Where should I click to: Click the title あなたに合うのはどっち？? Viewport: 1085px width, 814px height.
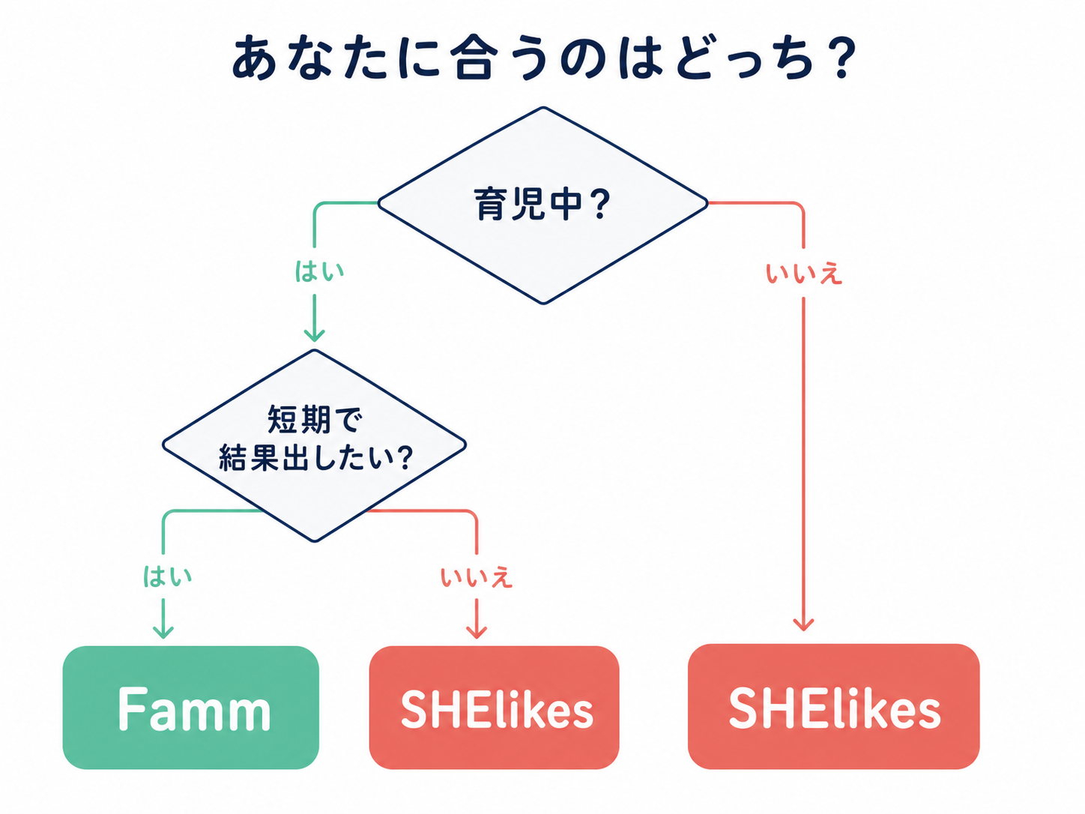542,58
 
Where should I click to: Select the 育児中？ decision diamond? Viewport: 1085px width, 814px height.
542,205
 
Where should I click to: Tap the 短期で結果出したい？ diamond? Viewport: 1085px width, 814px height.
315,445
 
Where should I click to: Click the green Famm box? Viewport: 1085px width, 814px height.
191,708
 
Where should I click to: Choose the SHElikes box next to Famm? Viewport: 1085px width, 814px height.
495,708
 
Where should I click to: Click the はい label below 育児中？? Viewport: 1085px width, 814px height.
319,271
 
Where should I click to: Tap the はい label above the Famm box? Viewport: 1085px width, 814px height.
167,576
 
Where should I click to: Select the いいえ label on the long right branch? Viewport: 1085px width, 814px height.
804,274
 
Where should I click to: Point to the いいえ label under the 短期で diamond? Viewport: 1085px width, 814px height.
477,577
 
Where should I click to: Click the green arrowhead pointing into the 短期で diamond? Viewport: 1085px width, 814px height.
315,334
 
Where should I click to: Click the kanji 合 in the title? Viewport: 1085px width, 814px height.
474,58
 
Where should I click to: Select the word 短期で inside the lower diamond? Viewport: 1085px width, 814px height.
315,420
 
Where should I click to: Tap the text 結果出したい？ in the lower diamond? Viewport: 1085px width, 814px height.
315,457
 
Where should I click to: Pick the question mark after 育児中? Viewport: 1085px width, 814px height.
600,205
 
